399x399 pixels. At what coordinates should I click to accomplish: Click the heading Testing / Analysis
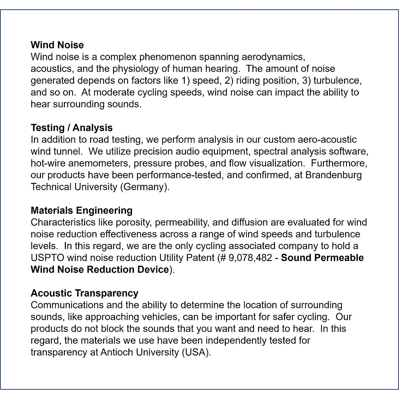pyautogui.click(x=71, y=128)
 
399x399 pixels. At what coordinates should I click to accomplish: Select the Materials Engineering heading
pyautogui.click(x=81, y=210)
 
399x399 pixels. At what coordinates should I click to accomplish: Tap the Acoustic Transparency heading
pyautogui.click(x=84, y=293)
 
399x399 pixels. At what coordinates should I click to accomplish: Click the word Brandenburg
pyautogui.click(x=333, y=175)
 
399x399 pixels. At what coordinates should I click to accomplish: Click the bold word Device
pyautogui.click(x=153, y=269)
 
